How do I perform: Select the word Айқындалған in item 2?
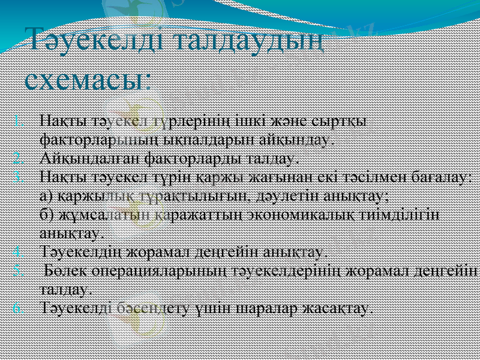click(78, 158)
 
